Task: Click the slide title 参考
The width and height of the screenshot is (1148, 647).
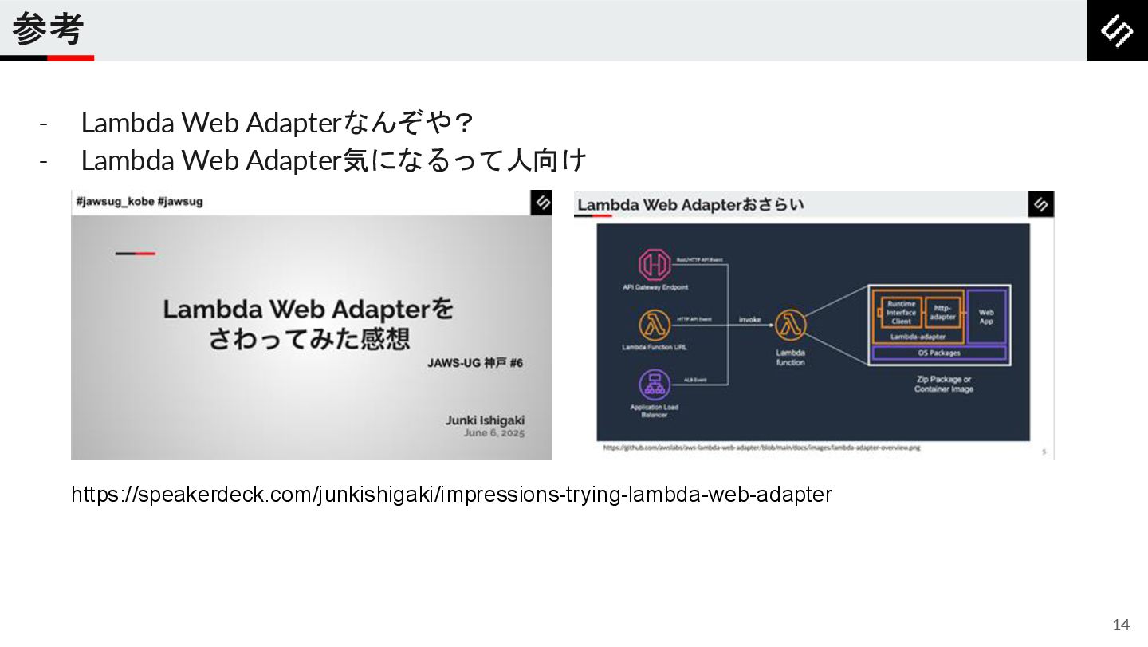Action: (48, 30)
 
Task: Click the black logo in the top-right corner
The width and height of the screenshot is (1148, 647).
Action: (1117, 30)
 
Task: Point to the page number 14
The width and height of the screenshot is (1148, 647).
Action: (1121, 625)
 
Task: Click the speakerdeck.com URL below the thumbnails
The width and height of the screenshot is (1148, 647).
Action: (451, 495)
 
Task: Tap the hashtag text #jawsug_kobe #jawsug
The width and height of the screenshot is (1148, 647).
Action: (140, 202)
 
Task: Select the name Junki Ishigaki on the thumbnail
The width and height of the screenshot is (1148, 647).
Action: (485, 420)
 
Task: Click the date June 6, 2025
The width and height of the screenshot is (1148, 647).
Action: (494, 433)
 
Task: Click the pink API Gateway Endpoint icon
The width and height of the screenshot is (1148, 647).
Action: (655, 264)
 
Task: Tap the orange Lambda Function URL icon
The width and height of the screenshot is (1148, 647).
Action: (655, 325)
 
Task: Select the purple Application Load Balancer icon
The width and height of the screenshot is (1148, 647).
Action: (655, 385)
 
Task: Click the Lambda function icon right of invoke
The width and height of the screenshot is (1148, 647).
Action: (790, 325)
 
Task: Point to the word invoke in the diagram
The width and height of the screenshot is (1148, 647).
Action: (749, 320)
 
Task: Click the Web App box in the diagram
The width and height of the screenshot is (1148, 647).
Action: (986, 317)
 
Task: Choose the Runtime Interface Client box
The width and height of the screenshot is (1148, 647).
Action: (901, 313)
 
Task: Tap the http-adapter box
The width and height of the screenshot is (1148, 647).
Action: (943, 312)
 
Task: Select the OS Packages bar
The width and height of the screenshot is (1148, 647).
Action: (939, 353)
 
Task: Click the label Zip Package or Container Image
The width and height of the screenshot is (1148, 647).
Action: (944, 385)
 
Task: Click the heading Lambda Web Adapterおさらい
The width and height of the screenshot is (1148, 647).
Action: (690, 205)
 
